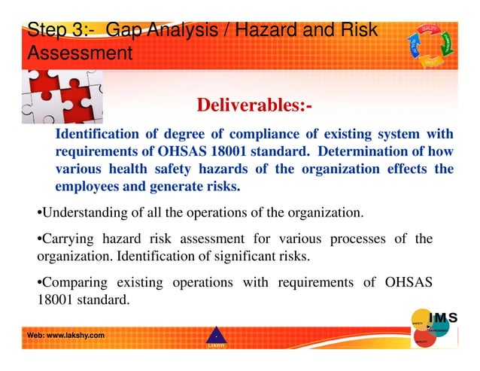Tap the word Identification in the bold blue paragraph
99,134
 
